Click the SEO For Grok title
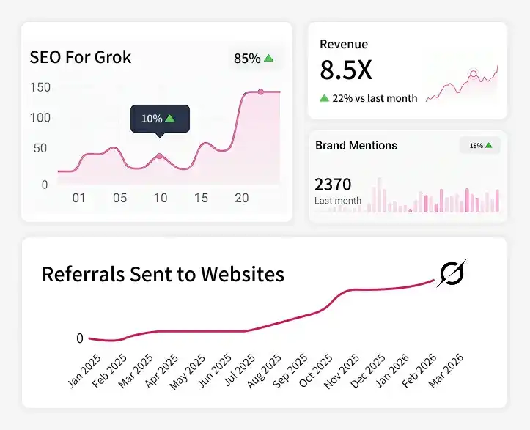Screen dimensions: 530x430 pyautogui.click(x=81, y=57)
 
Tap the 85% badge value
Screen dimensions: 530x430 pyautogui.click(x=247, y=59)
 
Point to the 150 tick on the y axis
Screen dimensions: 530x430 pyautogui.click(x=40, y=87)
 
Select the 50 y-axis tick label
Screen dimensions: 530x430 pyautogui.click(x=40, y=148)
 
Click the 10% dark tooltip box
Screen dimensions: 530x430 pyautogui.click(x=161, y=119)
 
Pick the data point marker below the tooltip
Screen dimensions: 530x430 pyautogui.click(x=160, y=156)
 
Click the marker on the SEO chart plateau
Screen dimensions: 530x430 pyautogui.click(x=261, y=92)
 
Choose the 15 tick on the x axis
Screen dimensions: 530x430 pyautogui.click(x=201, y=198)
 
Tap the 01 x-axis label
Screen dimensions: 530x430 pyautogui.click(x=79, y=198)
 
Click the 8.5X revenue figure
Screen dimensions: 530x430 pyautogui.click(x=346, y=70)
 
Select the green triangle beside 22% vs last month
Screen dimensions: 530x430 pyautogui.click(x=325, y=98)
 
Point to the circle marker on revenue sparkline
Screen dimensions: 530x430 pyautogui.click(x=474, y=74)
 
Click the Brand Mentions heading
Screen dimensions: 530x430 pyautogui.click(x=356, y=145)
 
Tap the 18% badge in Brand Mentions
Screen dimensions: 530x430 pyautogui.click(x=480, y=146)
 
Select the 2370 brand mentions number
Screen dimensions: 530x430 pyautogui.click(x=333, y=185)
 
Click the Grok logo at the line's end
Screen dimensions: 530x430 pyautogui.click(x=452, y=273)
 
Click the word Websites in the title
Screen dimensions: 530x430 pyautogui.click(x=243, y=274)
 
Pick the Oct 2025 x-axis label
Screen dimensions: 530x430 pyautogui.click(x=316, y=370)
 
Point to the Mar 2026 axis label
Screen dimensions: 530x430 pyautogui.click(x=446, y=370)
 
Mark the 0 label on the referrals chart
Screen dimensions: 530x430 pyautogui.click(x=80, y=338)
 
